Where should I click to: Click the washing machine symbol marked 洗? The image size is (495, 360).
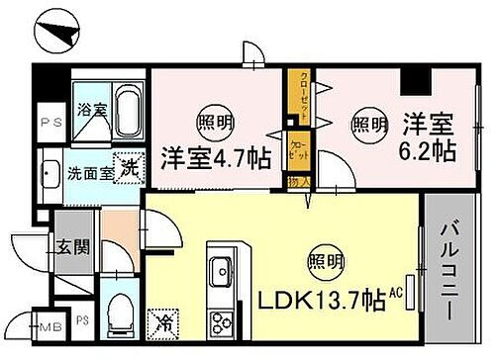pyautogui.click(x=127, y=170)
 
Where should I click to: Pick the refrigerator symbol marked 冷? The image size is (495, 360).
pyautogui.click(x=161, y=320)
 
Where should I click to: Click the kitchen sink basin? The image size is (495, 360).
pyautogui.click(x=220, y=266)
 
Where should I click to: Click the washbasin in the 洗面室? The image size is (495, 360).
pyautogui.click(x=51, y=182)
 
